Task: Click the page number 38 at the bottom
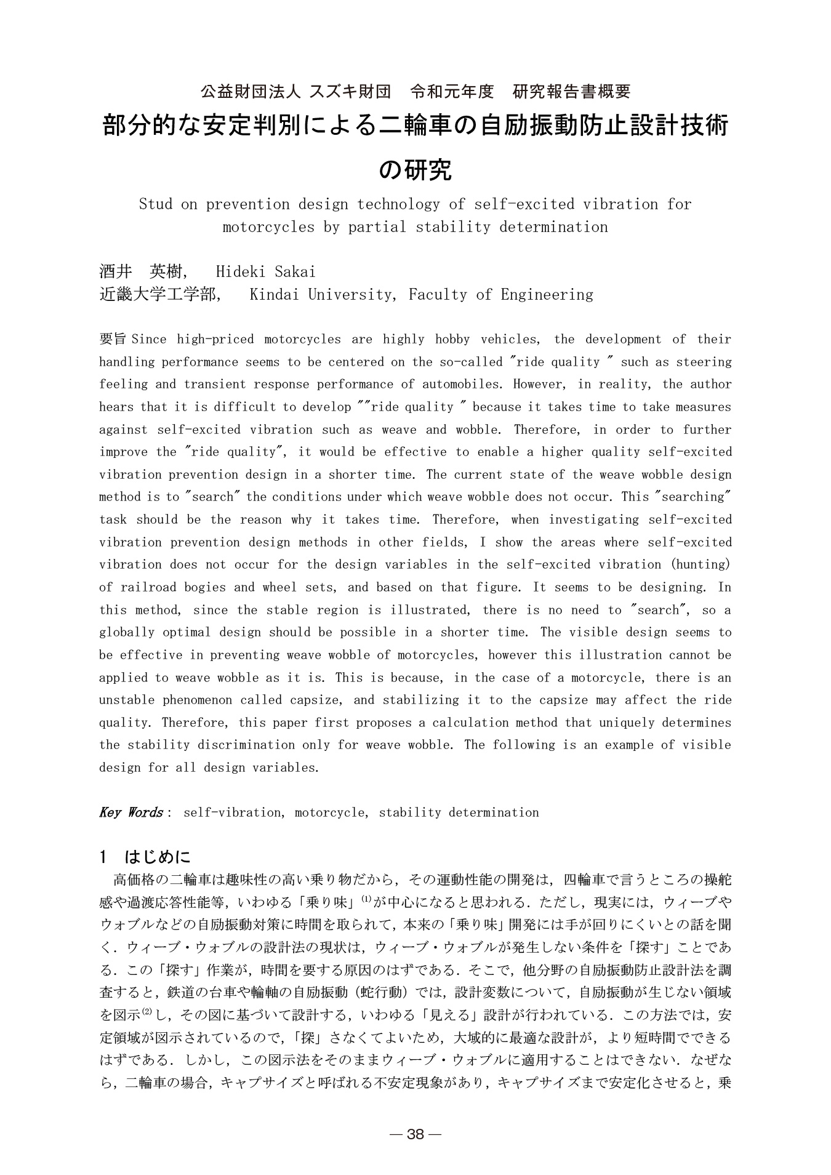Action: click(x=415, y=1134)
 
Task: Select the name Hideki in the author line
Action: click(x=241, y=271)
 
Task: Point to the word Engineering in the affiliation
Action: click(x=547, y=294)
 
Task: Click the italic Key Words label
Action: click(x=130, y=812)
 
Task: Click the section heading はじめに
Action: click(x=158, y=857)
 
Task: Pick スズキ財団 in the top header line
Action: click(x=350, y=92)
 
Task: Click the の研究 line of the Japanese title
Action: click(x=415, y=170)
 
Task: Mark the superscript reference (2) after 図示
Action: click(x=147, y=1012)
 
